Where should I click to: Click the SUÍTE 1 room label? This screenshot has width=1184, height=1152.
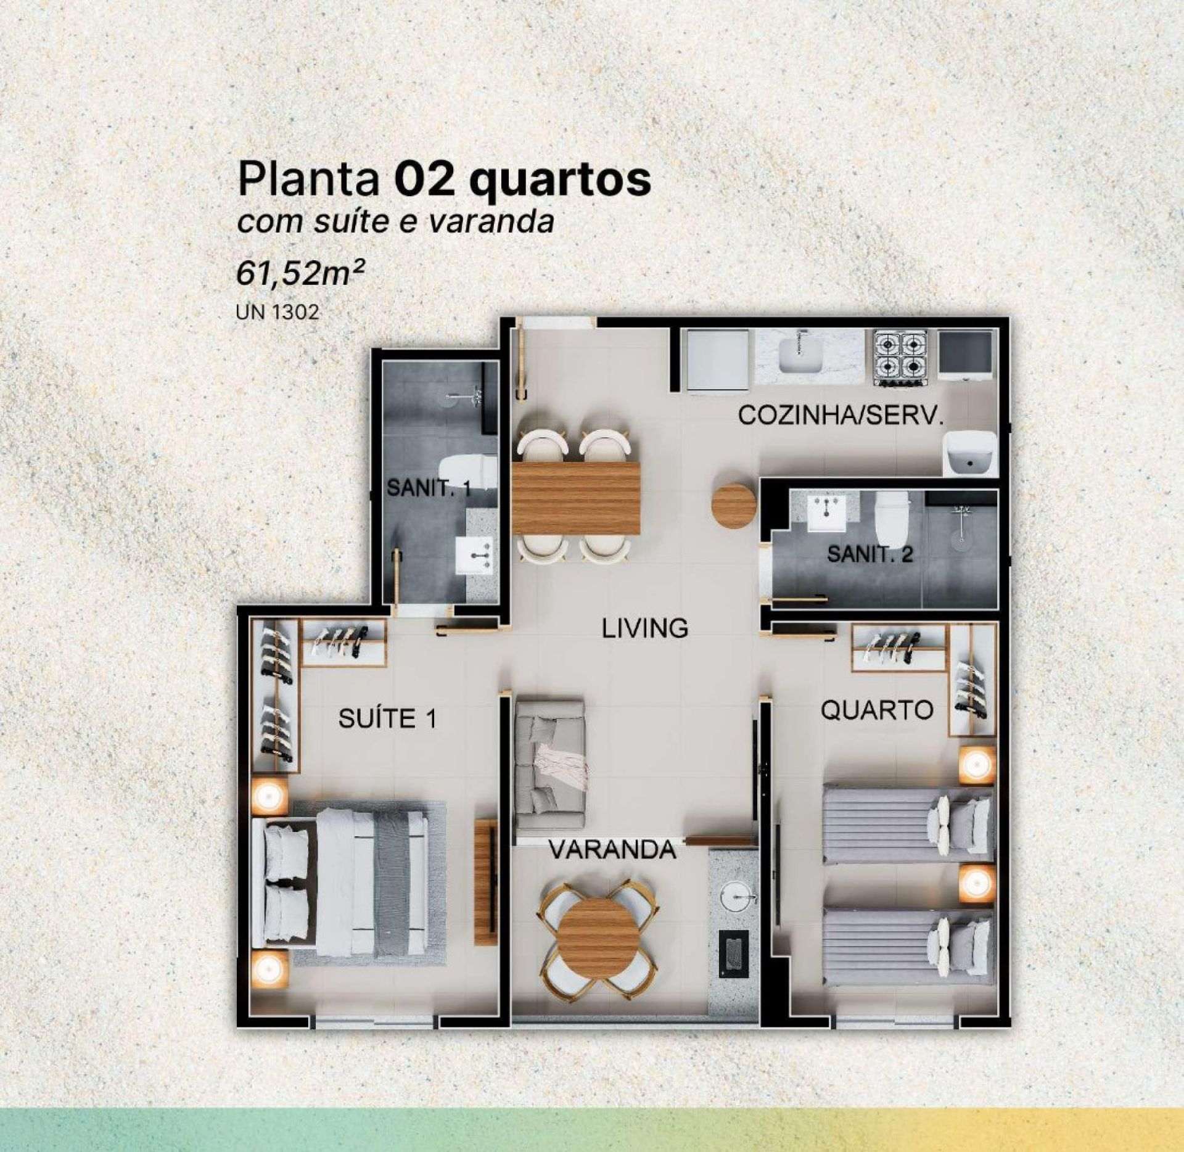387,718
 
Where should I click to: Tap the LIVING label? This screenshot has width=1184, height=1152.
645,628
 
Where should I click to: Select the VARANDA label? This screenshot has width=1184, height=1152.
612,851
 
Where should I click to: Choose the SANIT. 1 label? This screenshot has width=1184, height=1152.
429,489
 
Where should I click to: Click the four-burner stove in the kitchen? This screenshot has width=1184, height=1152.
901,359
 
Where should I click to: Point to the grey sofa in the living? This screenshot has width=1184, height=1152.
550,764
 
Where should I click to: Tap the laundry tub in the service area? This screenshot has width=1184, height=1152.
970,453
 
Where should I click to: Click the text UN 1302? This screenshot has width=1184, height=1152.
277,312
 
